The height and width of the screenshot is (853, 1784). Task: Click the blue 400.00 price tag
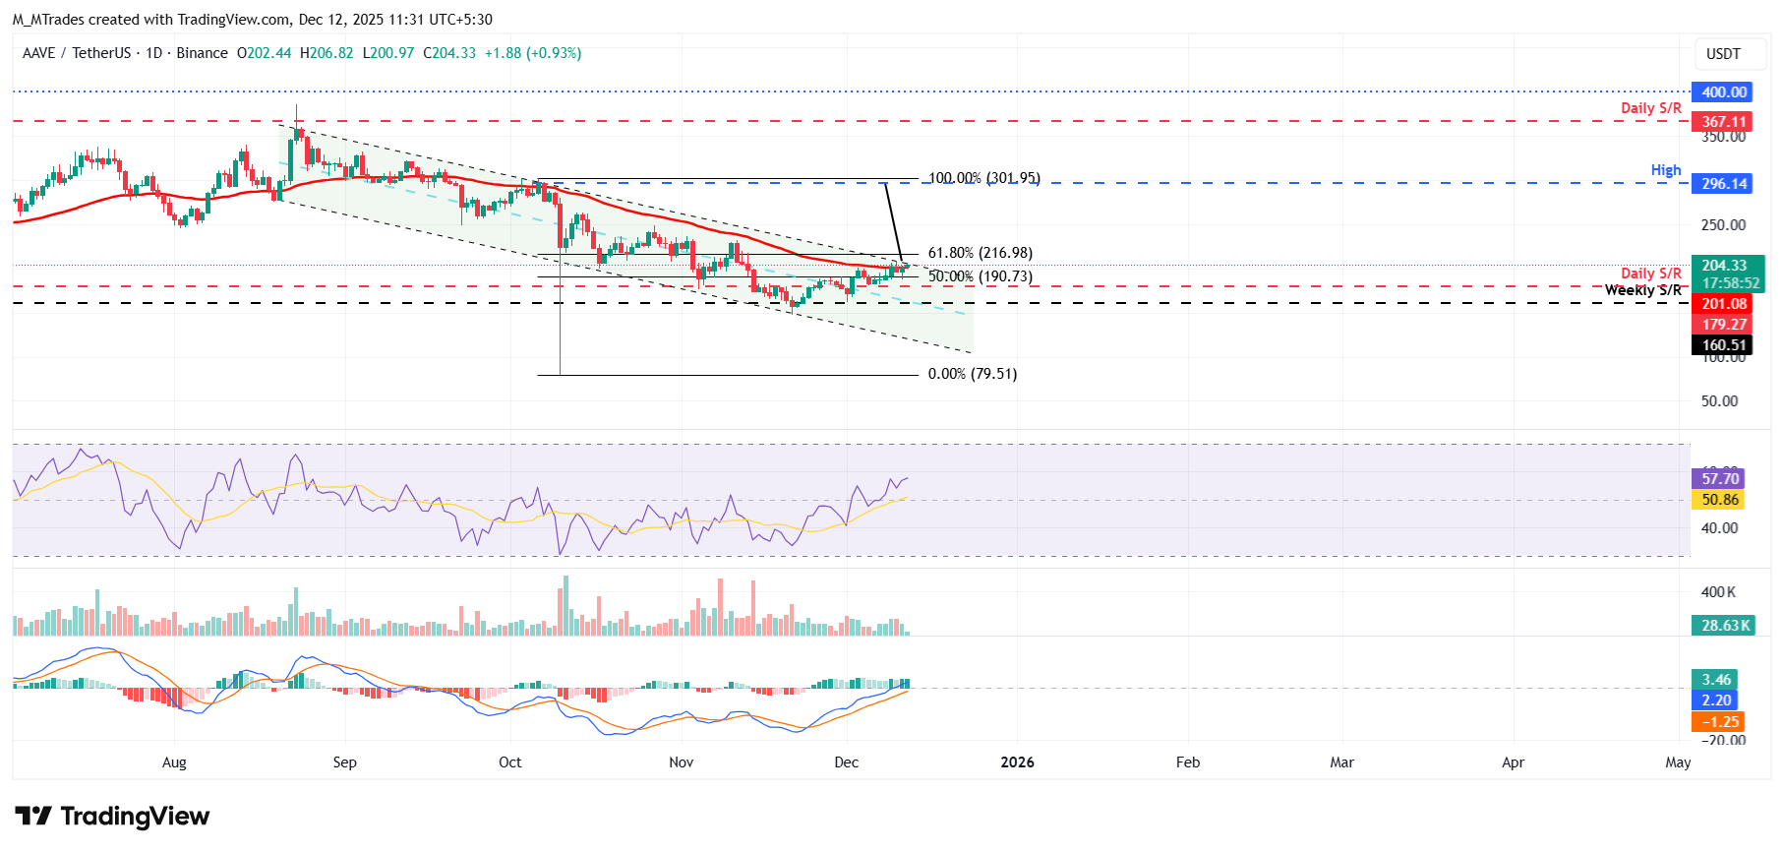point(1723,92)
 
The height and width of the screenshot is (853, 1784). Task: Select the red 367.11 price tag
point(1723,122)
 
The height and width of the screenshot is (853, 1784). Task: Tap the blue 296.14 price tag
point(1723,184)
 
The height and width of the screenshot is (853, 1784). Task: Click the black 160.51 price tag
point(1723,345)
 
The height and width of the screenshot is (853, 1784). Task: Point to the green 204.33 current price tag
point(1723,266)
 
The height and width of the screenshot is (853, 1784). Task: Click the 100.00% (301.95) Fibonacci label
point(983,178)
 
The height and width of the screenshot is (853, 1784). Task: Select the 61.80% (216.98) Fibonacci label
point(980,253)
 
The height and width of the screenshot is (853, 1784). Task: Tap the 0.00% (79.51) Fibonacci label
point(972,374)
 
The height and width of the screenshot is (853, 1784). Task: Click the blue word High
point(1665,170)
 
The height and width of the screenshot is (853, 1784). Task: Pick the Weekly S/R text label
point(1642,290)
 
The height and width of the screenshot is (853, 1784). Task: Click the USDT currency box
point(1722,54)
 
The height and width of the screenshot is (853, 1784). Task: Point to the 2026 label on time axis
point(1017,762)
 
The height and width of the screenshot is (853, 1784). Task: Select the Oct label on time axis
point(509,762)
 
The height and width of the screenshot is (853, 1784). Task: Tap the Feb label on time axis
point(1187,762)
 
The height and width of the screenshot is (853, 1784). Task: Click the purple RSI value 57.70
point(1720,479)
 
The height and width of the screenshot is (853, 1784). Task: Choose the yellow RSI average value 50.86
point(1720,500)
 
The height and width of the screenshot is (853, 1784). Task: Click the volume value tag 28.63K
point(1724,626)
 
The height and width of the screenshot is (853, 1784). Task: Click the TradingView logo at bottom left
point(112,817)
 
